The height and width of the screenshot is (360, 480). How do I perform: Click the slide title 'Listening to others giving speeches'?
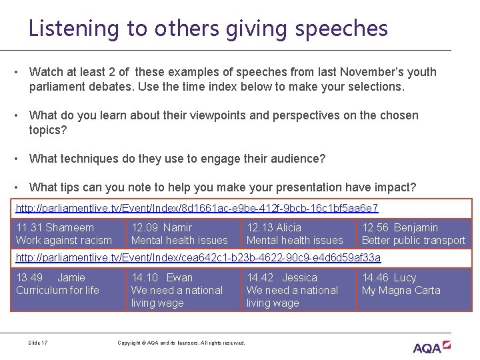click(208, 28)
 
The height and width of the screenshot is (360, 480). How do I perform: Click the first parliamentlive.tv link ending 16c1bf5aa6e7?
click(197, 208)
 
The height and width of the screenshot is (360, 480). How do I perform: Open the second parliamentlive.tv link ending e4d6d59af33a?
click(198, 257)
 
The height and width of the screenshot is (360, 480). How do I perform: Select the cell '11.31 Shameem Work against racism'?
click(67, 234)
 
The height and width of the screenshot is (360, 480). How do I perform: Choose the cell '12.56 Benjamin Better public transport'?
click(413, 234)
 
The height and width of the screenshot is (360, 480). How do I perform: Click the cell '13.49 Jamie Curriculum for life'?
click(67, 289)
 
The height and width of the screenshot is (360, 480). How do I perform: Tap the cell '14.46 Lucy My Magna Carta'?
click(413, 289)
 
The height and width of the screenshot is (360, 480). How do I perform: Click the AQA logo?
click(431, 347)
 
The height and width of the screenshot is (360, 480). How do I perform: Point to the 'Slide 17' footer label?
click(38, 343)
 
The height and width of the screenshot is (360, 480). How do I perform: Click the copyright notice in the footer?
click(181, 343)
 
